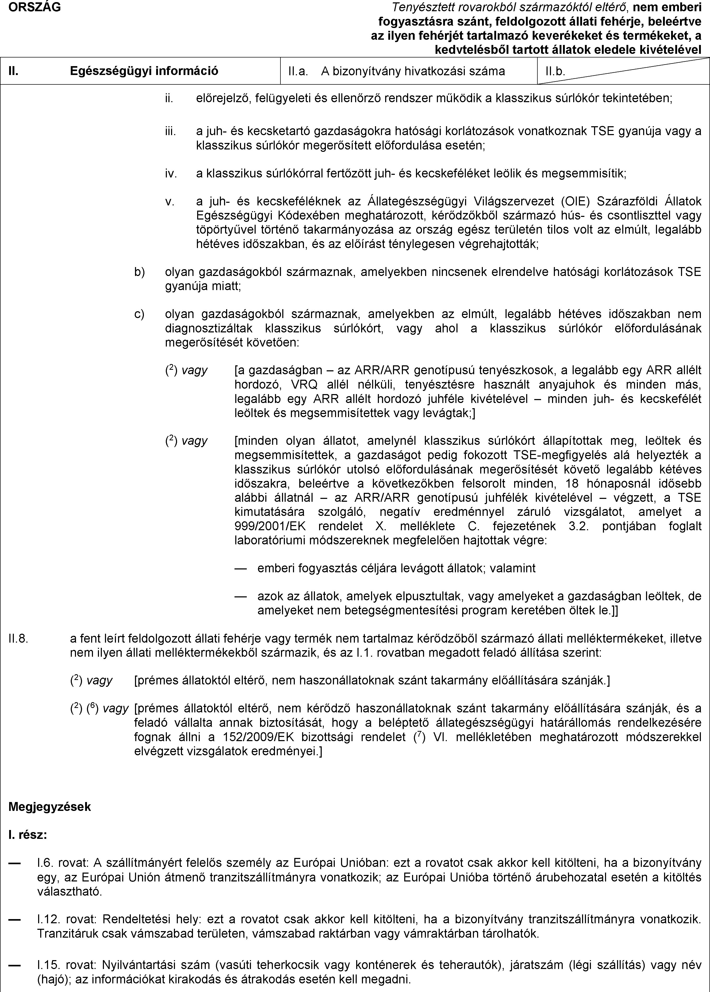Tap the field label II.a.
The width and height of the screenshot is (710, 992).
pyautogui.click(x=296, y=71)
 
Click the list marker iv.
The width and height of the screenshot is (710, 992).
pyautogui.click(x=171, y=174)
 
